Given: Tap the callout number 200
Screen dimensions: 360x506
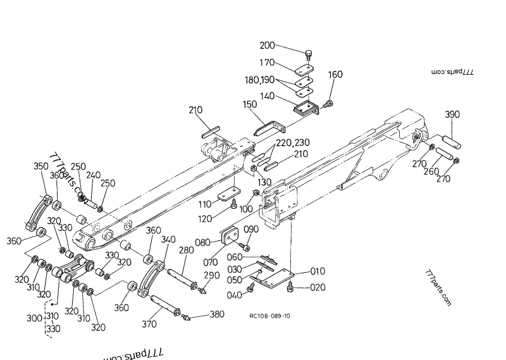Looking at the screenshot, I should [268, 46].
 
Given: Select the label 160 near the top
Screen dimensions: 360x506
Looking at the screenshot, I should [335, 75].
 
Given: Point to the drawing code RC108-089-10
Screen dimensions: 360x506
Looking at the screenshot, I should [270, 316].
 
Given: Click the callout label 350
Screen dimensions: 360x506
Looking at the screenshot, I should [40, 166].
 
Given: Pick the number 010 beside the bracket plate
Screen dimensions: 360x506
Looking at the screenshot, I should [318, 271].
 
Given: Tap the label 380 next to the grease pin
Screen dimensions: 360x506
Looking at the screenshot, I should [217, 314].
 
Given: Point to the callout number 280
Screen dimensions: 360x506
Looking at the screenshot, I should [185, 251].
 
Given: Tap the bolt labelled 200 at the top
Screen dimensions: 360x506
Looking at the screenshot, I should [308, 54].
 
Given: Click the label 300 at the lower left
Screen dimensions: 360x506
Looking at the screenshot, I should [34, 318].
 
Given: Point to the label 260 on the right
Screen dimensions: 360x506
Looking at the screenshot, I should [431, 171].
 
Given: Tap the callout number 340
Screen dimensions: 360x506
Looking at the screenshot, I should [168, 240].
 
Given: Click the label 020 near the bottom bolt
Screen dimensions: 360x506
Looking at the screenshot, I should [318, 289].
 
